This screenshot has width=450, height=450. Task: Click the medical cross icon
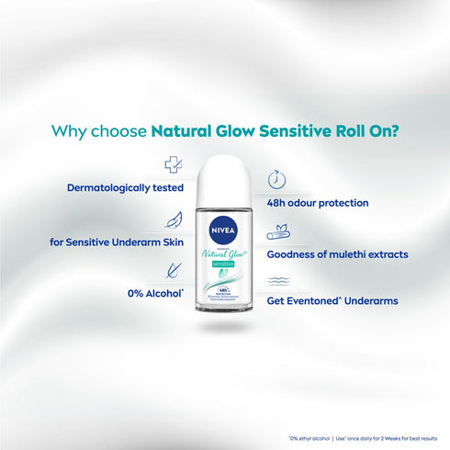(x=172, y=165)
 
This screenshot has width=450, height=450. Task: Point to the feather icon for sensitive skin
(x=172, y=219)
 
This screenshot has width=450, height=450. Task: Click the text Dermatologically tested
(x=125, y=188)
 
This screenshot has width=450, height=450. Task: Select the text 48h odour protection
(x=318, y=202)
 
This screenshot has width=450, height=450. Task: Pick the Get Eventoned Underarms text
(x=332, y=300)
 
